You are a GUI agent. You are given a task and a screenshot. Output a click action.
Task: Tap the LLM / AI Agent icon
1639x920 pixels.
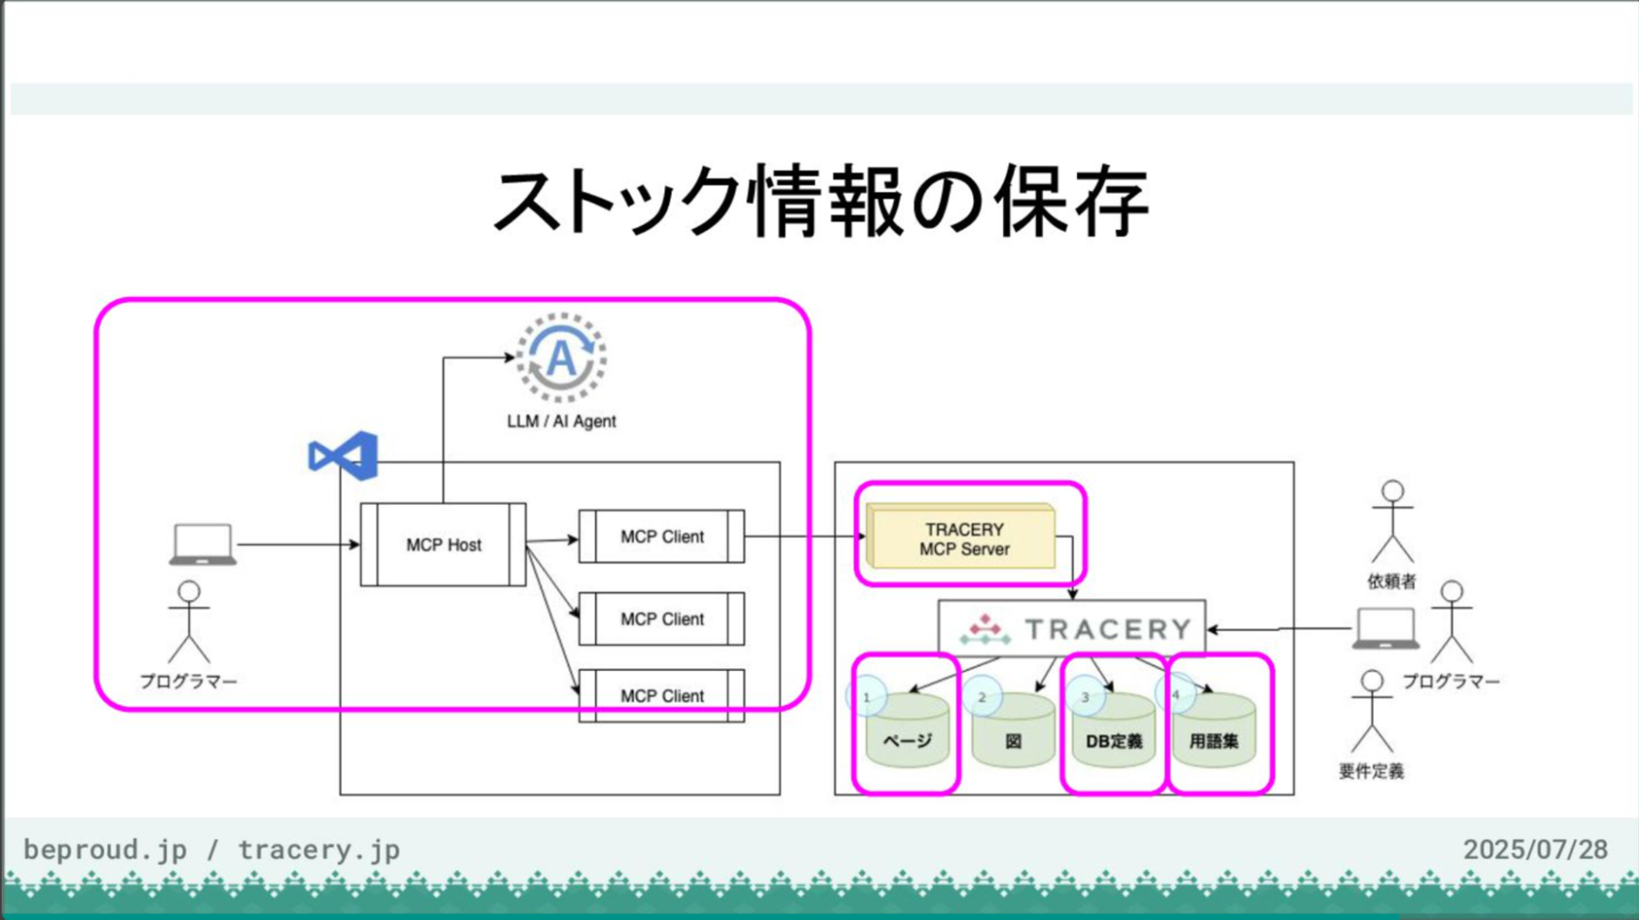[561, 358]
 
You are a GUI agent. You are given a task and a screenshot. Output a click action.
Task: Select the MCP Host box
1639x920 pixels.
[443, 544]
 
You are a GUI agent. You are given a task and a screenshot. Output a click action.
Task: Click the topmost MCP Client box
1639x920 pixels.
[662, 537]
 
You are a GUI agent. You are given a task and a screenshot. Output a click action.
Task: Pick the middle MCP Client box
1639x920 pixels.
[662, 619]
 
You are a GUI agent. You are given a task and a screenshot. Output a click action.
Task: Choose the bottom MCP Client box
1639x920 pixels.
[662, 696]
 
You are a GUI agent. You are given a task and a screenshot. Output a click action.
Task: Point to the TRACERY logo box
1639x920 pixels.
[1072, 628]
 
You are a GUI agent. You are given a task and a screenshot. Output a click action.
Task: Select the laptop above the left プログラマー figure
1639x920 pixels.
[202, 544]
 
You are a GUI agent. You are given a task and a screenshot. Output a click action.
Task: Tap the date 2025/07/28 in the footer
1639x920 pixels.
[1535, 849]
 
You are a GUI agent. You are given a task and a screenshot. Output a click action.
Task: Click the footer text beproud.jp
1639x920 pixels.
[105, 849]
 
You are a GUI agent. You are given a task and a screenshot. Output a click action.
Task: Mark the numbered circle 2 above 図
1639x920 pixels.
[982, 696]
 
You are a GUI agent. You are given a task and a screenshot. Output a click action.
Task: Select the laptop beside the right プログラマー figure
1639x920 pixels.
[1385, 629]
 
